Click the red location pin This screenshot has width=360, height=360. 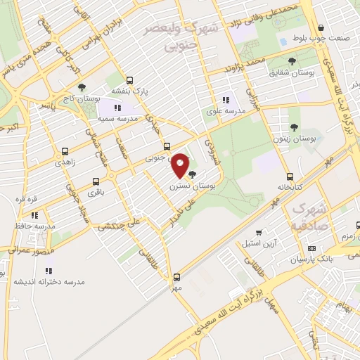tap(181, 166)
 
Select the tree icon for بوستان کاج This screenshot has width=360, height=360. tap(82, 88)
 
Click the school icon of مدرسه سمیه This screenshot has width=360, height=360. tap(117, 108)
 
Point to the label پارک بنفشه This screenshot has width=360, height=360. tap(130, 91)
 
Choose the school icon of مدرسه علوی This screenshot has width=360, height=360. tap(226, 100)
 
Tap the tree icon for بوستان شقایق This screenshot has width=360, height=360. tap(292, 61)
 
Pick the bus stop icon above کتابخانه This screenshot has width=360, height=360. tap(290, 176)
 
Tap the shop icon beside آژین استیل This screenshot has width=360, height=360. tap(259, 232)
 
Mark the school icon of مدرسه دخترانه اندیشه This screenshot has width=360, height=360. tap(49, 271)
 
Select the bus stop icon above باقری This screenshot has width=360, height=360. tap(94, 179)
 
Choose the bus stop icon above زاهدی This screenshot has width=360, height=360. tap(65, 150)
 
